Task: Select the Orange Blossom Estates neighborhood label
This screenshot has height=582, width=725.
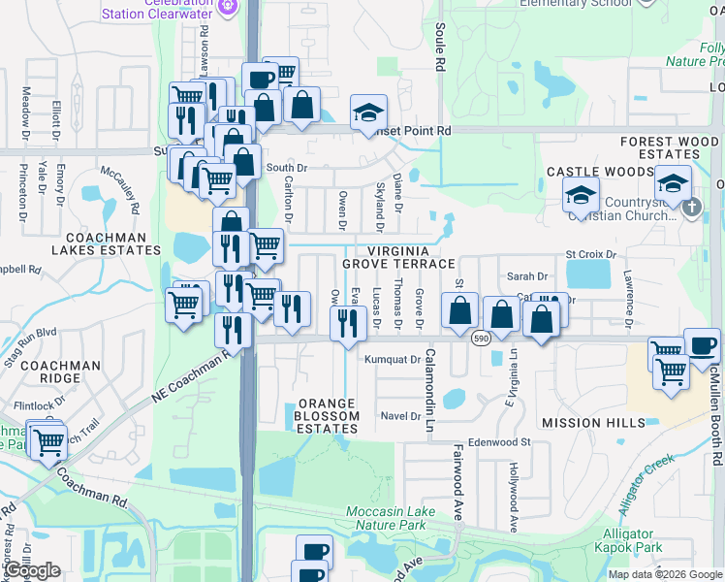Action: click(329, 408)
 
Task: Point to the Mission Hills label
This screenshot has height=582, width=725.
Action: click(593, 423)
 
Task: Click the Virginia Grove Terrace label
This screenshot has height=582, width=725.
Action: click(397, 257)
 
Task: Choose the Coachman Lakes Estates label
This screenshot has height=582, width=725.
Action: click(106, 242)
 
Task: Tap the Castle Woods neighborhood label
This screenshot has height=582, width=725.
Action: click(599, 172)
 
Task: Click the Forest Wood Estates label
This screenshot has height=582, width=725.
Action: click(670, 147)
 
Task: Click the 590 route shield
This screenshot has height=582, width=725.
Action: click(482, 339)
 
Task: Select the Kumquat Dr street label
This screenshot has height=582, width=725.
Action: click(391, 359)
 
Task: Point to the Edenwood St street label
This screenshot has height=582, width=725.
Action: click(500, 441)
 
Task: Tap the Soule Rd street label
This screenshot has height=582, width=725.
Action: click(440, 48)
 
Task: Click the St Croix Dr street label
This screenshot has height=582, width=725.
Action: click(591, 254)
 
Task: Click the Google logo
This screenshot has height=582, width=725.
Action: click(31, 570)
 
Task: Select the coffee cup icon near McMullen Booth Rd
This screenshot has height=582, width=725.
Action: click(702, 346)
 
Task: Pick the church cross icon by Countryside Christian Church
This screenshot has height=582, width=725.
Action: click(691, 206)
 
